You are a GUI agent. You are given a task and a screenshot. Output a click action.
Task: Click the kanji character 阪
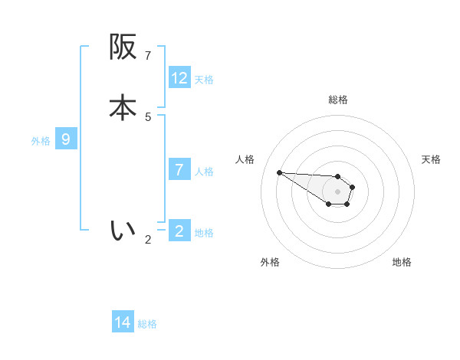click(x=123, y=47)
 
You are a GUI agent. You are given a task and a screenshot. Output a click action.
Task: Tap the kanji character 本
click(x=123, y=108)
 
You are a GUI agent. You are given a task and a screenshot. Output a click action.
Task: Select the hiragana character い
click(x=123, y=229)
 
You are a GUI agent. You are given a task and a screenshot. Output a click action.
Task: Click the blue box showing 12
click(x=179, y=78)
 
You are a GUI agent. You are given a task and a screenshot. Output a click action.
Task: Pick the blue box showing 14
click(x=123, y=322)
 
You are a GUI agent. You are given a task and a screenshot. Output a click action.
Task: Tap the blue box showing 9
click(x=66, y=139)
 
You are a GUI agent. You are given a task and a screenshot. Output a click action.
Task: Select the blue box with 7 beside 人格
click(x=179, y=169)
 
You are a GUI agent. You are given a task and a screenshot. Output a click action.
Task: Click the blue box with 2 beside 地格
click(x=179, y=231)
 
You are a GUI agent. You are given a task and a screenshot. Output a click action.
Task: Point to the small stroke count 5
click(x=149, y=116)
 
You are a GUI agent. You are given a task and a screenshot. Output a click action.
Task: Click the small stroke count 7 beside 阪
click(x=149, y=56)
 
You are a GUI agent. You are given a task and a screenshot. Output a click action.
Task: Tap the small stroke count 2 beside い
click(x=149, y=239)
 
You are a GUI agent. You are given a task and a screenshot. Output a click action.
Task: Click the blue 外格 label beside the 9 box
click(x=41, y=141)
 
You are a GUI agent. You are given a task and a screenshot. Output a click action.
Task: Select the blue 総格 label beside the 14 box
click(x=147, y=324)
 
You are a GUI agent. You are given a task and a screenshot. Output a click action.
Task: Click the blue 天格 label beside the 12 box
click(x=204, y=80)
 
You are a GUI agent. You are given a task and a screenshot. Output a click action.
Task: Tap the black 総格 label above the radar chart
click(x=338, y=100)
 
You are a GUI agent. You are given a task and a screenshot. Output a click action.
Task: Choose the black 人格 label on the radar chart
click(x=245, y=159)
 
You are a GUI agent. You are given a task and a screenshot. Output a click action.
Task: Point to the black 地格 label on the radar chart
click(x=402, y=262)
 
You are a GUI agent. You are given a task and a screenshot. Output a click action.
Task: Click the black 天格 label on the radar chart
click(x=431, y=159)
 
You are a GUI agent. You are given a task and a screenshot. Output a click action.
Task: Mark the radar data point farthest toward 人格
click(x=279, y=172)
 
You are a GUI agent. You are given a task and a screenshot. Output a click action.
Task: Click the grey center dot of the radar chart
click(x=337, y=191)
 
